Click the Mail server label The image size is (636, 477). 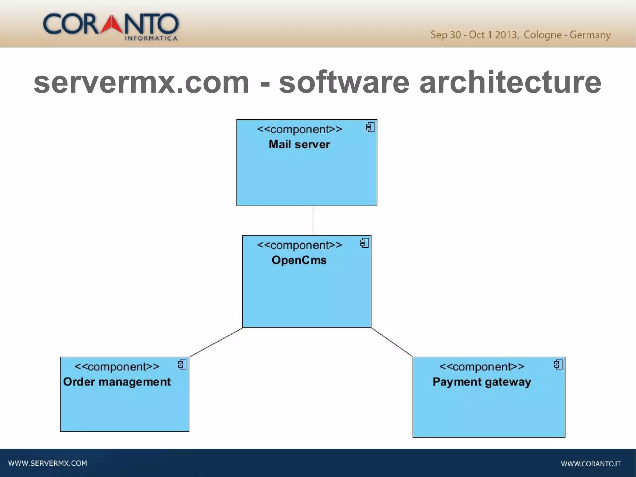299,144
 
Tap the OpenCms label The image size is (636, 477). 299,260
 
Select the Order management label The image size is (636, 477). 117,382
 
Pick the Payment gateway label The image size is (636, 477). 482,382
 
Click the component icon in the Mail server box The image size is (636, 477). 370,127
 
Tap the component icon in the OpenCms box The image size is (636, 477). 364,243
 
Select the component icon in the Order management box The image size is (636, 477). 182,365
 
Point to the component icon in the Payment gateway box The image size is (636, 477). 558,365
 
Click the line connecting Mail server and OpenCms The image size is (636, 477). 313,221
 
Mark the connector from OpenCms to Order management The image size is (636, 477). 216,342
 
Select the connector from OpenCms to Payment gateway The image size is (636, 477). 392,342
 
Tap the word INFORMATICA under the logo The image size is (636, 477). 151,39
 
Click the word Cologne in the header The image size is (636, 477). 542,35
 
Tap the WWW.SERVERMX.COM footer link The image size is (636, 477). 48,463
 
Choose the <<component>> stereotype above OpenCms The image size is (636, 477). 299,245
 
